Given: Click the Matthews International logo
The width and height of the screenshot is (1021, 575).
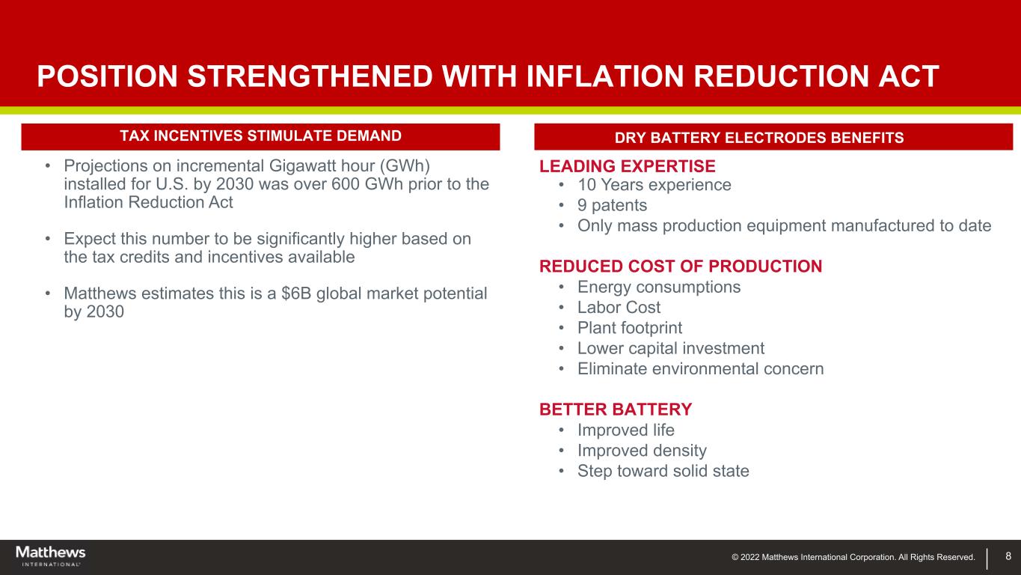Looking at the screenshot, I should coord(51,556).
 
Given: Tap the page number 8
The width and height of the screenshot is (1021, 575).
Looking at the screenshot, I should coord(1008,556).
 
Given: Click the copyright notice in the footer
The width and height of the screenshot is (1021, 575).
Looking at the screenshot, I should coord(853,557).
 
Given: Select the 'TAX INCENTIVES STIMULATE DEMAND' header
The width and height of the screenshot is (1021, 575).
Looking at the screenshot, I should coord(260,136).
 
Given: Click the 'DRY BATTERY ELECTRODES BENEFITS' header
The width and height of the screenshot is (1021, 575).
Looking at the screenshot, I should coord(773,138).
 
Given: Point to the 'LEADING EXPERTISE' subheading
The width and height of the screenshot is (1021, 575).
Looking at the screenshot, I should coord(628,166).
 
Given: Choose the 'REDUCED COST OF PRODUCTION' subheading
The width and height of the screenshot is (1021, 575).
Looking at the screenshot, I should coord(681,267).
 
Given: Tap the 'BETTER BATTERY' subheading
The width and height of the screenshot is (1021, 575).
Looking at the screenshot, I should coord(616,410).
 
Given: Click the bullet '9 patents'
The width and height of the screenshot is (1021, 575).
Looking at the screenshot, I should coord(612,205).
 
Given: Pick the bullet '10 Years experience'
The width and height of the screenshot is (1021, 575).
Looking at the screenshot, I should coord(654,185).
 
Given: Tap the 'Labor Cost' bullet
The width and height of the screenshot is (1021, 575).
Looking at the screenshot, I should coord(619,308).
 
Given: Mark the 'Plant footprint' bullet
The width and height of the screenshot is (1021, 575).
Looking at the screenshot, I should coord(629,328).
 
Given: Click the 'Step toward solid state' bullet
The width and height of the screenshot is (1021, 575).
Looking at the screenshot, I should coord(663,471).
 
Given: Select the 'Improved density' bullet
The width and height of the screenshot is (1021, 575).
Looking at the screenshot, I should coord(642,451).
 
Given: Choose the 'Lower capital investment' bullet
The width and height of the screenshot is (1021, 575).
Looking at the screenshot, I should coord(670,348).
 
